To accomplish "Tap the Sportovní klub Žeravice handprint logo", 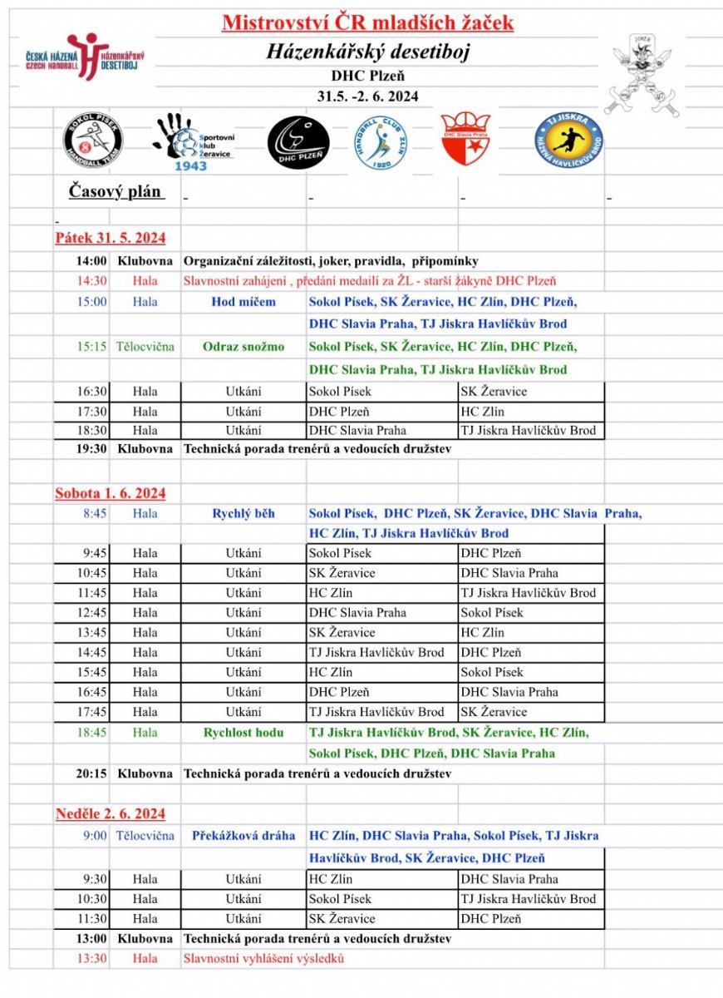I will coord(193,142).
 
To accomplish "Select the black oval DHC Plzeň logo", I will coord(298,142).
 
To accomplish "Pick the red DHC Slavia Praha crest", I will coord(465,139).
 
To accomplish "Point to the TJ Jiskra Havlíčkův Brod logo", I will coord(569,139).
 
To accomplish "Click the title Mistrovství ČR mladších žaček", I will coord(367,22).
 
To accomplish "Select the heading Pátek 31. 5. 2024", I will coord(111,239).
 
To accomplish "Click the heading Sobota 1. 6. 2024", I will coord(111,493).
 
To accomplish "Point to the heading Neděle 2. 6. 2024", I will coord(111,813).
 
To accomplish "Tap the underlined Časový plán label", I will coord(116,192).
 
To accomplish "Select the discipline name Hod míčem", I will coord(243,302).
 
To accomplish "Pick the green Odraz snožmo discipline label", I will coord(243,347).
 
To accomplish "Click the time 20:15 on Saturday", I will coord(92,773).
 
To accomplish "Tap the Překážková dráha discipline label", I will coord(243,835).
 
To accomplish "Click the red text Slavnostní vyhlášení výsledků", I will coord(263,958).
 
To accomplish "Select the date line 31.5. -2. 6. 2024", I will coord(367,96).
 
